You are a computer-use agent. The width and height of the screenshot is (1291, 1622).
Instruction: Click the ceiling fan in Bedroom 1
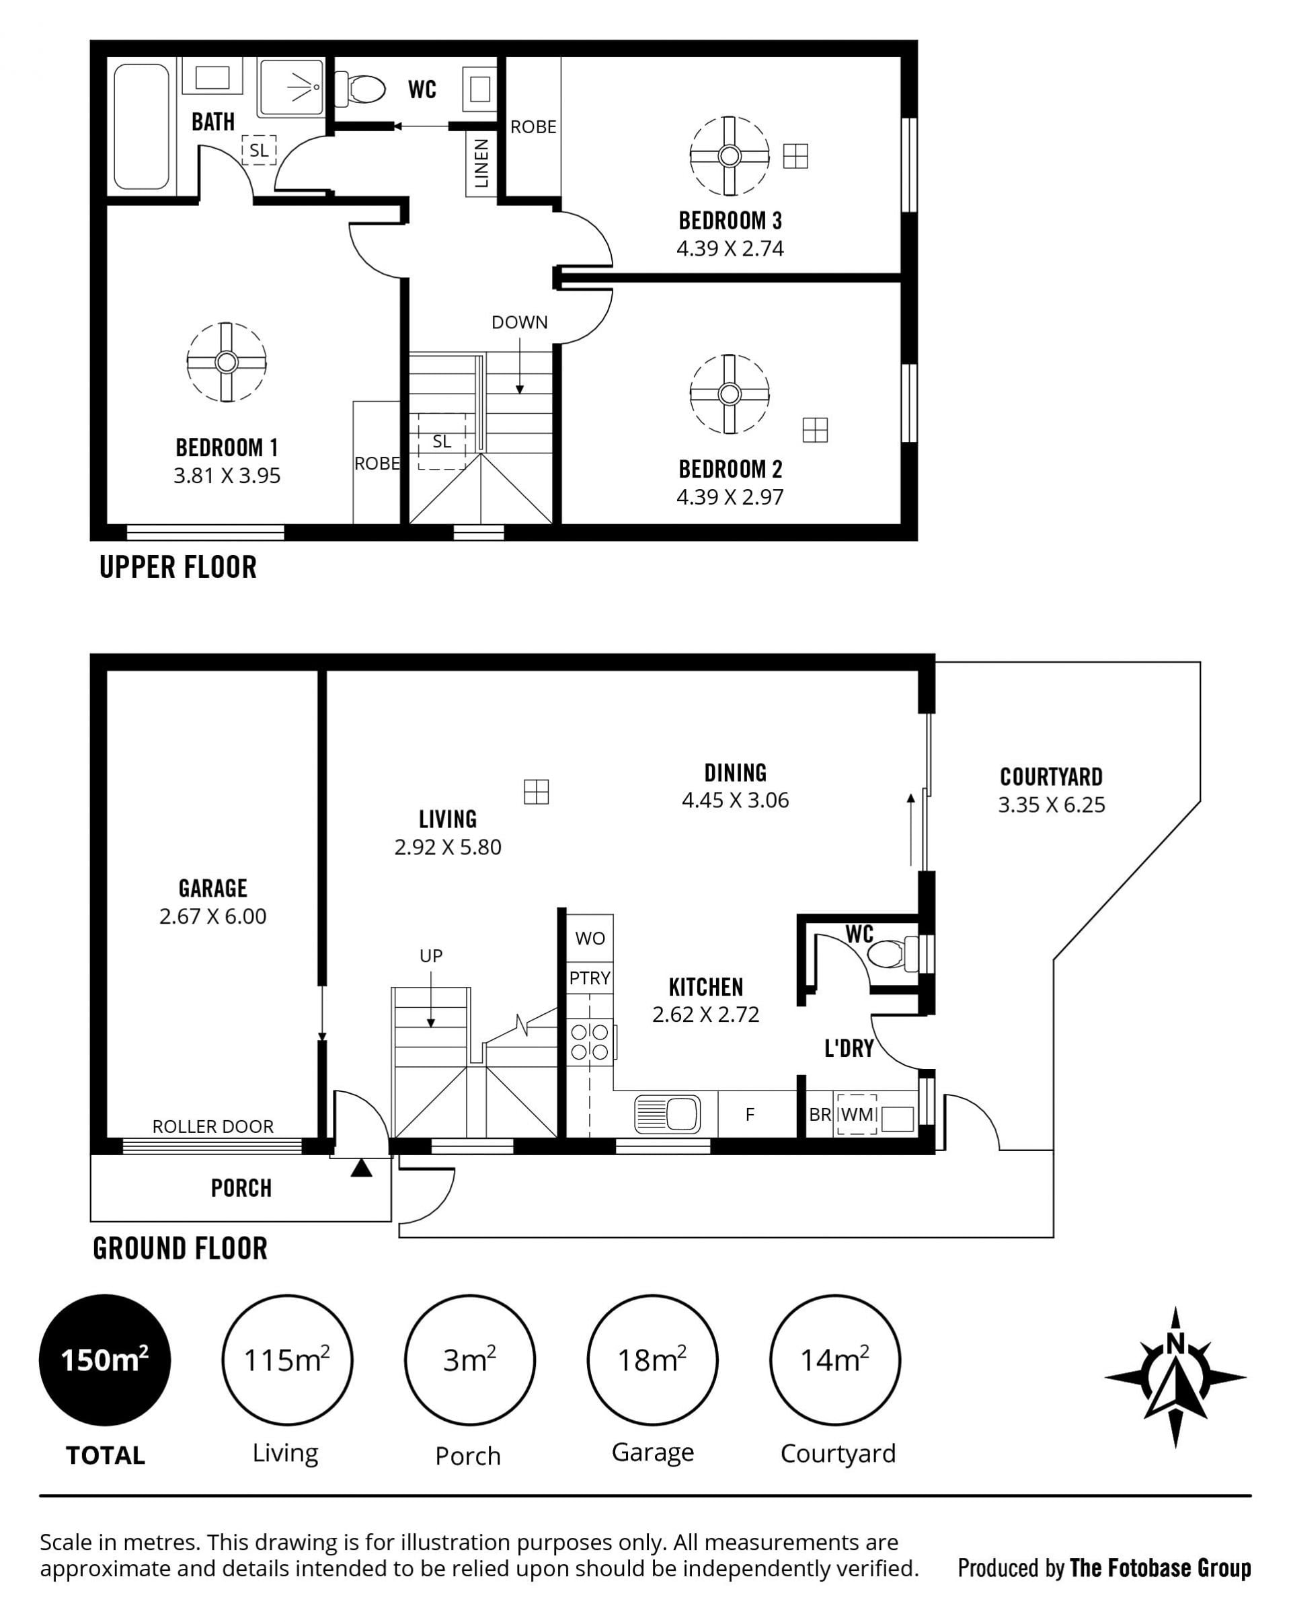227,362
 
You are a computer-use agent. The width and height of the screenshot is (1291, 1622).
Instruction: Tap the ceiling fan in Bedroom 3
730,155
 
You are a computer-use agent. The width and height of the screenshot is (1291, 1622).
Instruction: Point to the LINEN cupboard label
481,163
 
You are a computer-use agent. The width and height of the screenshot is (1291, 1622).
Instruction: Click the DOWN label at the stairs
520,322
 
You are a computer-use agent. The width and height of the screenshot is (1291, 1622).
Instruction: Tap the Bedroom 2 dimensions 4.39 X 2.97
730,496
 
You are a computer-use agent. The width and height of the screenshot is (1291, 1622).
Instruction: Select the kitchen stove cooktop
591,1041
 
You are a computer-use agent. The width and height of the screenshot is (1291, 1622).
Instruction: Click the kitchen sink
668,1113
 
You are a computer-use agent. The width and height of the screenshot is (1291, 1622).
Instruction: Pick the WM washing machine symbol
857,1114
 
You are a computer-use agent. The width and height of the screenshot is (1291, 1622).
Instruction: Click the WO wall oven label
590,938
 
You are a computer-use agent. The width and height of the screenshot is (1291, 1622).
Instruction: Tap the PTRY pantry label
590,978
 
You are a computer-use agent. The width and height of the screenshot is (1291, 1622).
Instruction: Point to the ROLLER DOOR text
212,1126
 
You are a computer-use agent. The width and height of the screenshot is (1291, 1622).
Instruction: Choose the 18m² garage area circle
652,1360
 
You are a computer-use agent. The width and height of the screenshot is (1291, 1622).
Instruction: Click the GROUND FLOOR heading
180,1248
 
